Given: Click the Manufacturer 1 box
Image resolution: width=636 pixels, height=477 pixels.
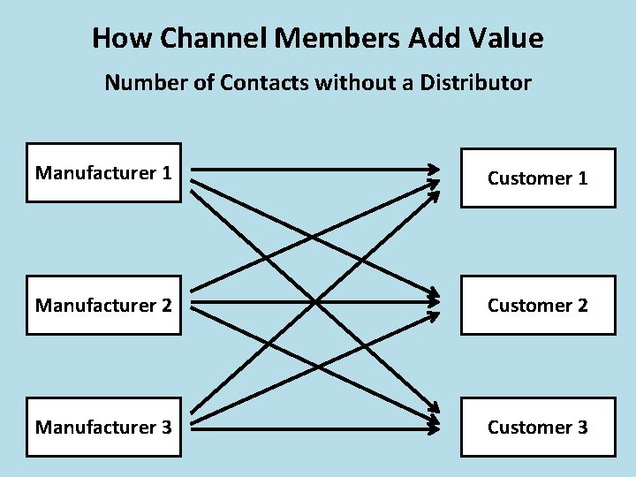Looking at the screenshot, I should tap(103, 173).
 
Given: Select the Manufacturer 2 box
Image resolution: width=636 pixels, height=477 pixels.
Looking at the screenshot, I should tap(103, 305).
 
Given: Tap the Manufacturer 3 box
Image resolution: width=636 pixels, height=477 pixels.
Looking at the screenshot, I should tap(103, 428).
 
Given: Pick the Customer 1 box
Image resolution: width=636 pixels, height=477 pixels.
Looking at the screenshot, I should tap(538, 178).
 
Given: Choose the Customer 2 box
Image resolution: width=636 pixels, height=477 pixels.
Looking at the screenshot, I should tap(538, 305).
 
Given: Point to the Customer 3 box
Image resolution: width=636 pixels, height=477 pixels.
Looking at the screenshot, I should tap(538, 428).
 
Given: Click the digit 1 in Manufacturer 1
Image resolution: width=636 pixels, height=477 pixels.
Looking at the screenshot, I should tap(166, 173).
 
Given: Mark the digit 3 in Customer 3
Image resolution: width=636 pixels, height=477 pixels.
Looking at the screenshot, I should tap(582, 428).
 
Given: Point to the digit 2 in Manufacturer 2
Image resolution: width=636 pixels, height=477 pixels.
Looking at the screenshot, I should tap(166, 305).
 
